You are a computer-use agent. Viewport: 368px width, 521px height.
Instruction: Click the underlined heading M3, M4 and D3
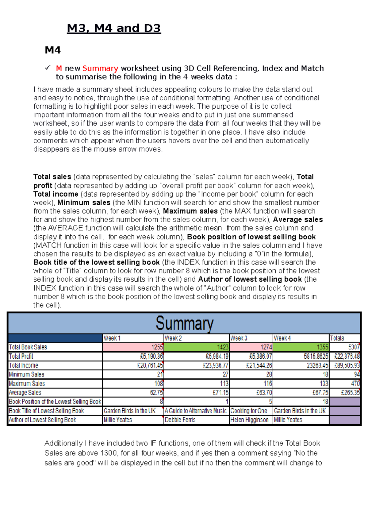click(114, 28)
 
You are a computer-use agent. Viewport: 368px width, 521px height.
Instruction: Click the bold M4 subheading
click(53, 50)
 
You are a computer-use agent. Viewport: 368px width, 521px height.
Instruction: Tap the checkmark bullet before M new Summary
click(48, 68)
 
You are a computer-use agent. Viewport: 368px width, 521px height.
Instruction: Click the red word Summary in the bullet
click(100, 68)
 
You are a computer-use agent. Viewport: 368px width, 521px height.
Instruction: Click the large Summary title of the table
click(184, 323)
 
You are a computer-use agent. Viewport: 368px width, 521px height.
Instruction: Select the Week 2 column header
click(196, 338)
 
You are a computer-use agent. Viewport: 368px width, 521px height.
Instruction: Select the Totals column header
click(344, 338)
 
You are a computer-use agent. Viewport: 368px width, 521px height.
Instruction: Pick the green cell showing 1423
click(196, 347)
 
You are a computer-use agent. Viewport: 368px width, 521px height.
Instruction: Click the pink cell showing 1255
click(133, 347)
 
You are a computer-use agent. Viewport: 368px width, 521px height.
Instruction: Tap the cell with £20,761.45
click(133, 365)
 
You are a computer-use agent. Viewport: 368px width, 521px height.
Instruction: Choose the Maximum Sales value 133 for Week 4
click(301, 384)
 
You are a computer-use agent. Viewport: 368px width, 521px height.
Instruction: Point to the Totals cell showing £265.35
click(344, 392)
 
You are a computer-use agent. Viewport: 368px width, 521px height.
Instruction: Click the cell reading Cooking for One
click(251, 411)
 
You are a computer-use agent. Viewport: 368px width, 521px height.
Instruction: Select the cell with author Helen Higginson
click(251, 420)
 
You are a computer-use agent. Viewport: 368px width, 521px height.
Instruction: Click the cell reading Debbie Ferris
click(196, 420)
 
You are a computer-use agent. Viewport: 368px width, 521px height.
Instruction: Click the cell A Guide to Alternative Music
click(196, 411)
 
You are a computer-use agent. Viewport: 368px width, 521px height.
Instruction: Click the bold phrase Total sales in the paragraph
click(52, 177)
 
